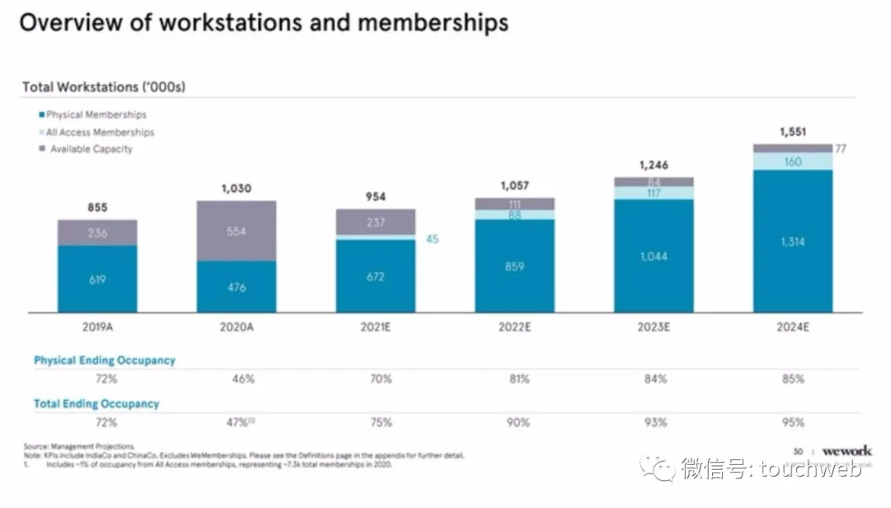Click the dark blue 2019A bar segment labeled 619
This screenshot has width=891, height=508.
(97, 279)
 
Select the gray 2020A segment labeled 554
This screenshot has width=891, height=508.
(236, 231)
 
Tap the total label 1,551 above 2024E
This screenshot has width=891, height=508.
(792, 131)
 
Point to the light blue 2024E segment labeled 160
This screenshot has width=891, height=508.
(792, 162)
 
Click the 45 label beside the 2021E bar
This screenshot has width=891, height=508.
(432, 239)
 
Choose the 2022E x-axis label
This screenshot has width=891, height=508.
(515, 327)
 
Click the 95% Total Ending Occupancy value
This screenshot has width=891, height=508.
(793, 422)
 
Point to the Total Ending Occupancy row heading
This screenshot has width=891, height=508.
(97, 404)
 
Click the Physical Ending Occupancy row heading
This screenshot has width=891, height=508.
(105, 360)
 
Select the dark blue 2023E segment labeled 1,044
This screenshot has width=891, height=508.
(653, 256)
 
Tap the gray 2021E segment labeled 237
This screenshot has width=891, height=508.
(376, 222)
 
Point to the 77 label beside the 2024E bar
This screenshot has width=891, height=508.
(841, 149)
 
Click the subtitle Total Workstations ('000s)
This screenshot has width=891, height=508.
(103, 87)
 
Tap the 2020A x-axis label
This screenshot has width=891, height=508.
(237, 327)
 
